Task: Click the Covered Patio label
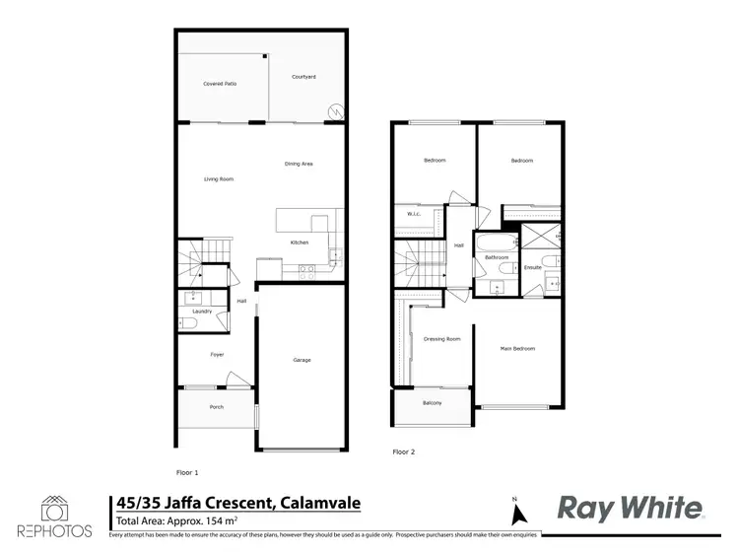point(220,84)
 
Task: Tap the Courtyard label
point(303,76)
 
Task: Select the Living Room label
point(218,178)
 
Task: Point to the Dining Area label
point(299,164)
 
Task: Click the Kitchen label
point(300,242)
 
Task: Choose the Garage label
point(302,360)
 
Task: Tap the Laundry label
point(202,312)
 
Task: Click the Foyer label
point(217,354)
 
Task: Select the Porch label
point(216,407)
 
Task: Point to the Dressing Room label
point(441,339)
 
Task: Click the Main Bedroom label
point(517,348)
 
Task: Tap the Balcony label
point(432,403)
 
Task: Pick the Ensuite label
point(532,267)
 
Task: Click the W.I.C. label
point(414,214)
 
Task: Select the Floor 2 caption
point(404,451)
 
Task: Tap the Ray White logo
point(632,508)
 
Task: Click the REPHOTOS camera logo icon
point(53,509)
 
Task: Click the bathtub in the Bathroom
point(494,242)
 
